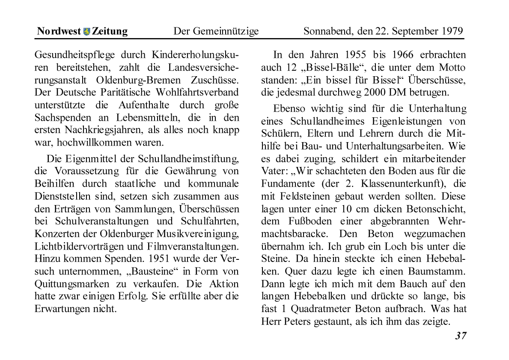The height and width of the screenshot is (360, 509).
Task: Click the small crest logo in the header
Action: [x=86, y=31]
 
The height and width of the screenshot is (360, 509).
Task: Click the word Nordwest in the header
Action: [x=59, y=31]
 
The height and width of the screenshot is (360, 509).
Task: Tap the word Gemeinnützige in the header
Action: [x=226, y=31]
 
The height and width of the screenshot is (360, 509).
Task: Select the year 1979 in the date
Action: [x=451, y=31]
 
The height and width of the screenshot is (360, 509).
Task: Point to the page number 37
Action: [x=461, y=336]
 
